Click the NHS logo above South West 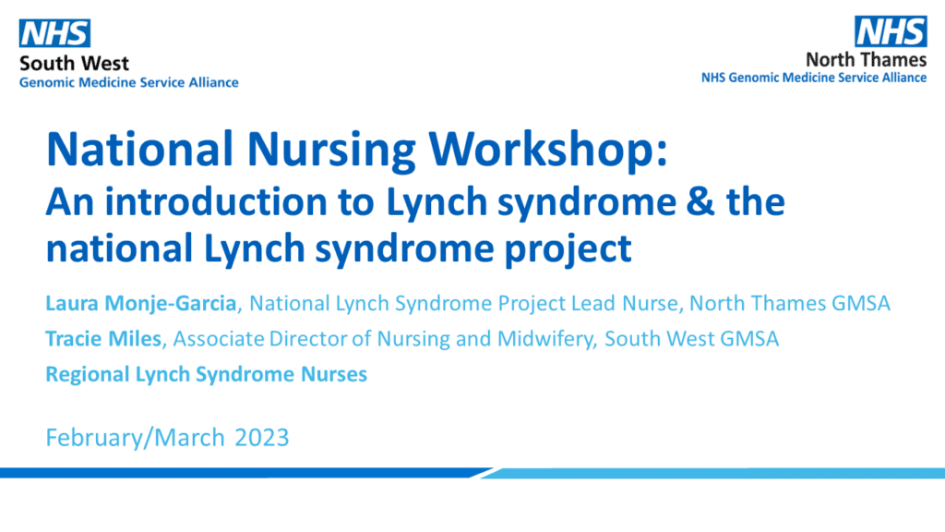[x=55, y=34]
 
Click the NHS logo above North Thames [x=891, y=31]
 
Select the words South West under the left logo [x=74, y=64]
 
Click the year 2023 [x=262, y=437]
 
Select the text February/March [x=135, y=437]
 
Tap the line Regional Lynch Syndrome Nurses [x=207, y=374]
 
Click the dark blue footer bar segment [x=240, y=473]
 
